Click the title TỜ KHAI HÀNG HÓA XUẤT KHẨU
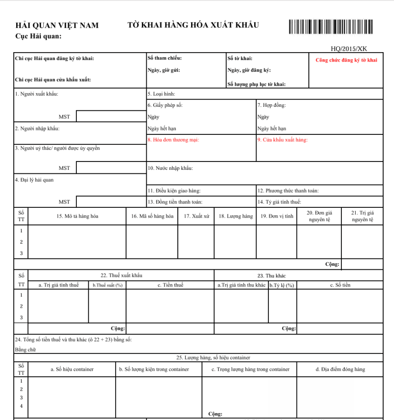click(x=193, y=25)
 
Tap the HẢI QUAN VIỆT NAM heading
click(x=57, y=26)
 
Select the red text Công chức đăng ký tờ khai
click(x=346, y=60)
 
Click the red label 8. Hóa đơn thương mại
click(x=173, y=139)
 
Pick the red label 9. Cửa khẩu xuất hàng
click(x=282, y=139)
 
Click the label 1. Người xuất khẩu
click(x=37, y=94)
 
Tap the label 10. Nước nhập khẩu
click(x=170, y=168)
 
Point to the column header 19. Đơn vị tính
click(x=277, y=216)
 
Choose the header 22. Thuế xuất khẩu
click(x=121, y=275)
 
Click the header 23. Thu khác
click(x=271, y=275)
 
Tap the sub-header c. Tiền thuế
click(x=170, y=285)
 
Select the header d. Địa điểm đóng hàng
click(x=340, y=369)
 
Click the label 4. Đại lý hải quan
click(x=34, y=180)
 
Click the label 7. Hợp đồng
click(x=271, y=105)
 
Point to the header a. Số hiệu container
click(x=72, y=369)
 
